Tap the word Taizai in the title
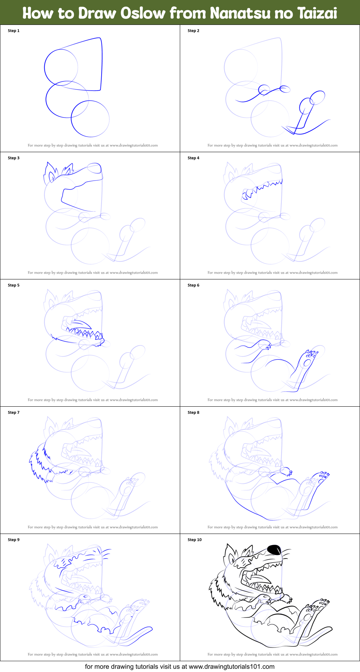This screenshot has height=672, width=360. [317, 13]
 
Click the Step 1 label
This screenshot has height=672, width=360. [14, 31]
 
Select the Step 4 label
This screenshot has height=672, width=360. [194, 158]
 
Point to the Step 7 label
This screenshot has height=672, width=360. [14, 412]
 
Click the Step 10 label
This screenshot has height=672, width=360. [195, 540]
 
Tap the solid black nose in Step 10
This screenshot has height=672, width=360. [275, 550]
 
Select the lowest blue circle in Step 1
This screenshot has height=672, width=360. [90, 119]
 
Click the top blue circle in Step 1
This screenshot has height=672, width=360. [61, 66]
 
